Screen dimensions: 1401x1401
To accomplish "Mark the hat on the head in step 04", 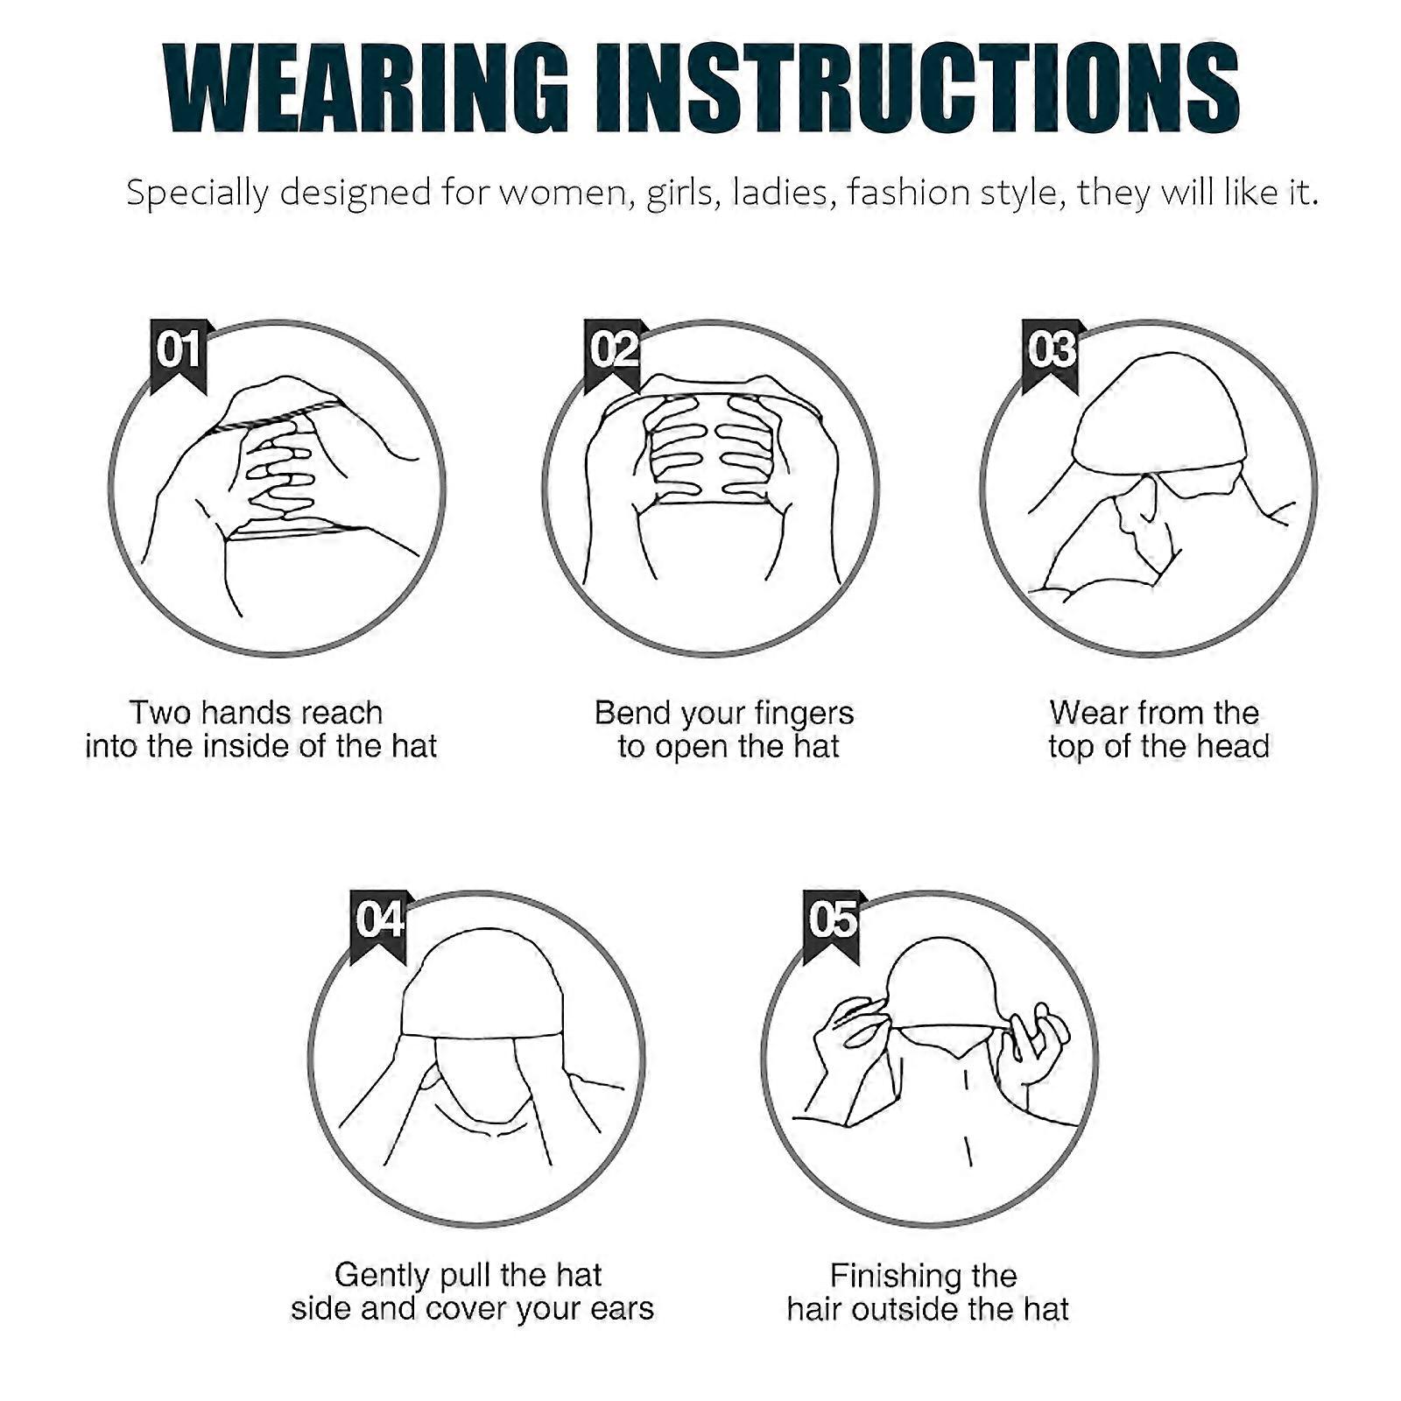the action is coord(480,989).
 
